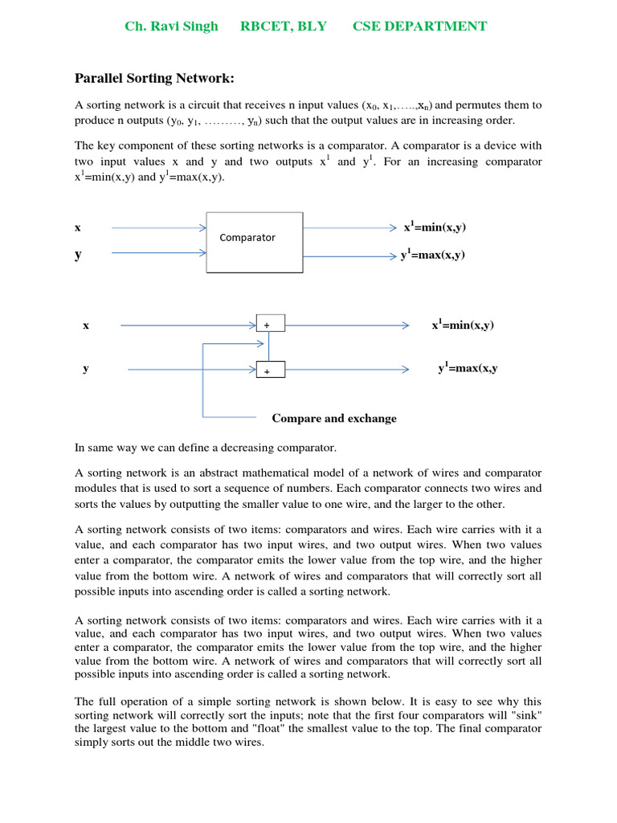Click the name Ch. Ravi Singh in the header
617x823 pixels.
171,27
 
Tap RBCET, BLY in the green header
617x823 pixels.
284,27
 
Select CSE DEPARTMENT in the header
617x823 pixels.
419,27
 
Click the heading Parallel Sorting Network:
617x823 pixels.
154,78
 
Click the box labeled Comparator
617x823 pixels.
255,242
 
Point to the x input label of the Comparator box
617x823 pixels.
78,227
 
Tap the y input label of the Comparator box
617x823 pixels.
78,255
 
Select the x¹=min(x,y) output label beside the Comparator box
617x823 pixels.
435,227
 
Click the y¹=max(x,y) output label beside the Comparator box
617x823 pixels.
433,256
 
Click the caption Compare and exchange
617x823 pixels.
334,418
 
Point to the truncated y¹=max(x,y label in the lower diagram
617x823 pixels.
468,368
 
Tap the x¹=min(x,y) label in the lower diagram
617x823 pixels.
463,325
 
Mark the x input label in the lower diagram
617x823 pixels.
86,325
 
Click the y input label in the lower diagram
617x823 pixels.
86,368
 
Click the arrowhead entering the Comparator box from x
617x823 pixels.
202,227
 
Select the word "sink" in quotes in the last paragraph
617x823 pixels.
527,714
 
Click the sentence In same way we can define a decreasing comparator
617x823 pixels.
206,447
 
